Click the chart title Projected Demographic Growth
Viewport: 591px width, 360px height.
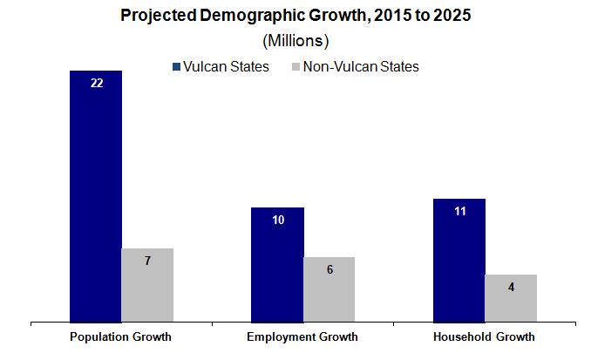(295, 16)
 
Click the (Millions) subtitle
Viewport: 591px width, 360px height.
(295, 41)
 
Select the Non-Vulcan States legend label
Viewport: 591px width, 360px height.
(361, 66)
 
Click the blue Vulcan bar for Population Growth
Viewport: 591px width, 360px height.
(95, 196)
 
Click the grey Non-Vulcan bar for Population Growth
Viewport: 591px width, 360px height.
(147, 285)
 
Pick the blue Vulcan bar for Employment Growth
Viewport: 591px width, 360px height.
(277, 264)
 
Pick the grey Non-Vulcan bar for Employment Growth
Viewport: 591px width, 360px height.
(329, 289)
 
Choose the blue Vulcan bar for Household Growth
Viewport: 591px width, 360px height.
(459, 260)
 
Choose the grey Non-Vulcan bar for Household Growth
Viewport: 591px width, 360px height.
(511, 298)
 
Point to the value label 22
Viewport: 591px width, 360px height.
(96, 84)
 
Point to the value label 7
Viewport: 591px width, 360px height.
(147, 261)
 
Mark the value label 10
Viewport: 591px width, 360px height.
(278, 220)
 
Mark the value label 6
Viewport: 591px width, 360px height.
(329, 269)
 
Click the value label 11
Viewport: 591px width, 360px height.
(459, 211)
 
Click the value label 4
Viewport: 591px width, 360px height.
(511, 287)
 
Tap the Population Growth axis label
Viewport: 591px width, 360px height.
(121, 336)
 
